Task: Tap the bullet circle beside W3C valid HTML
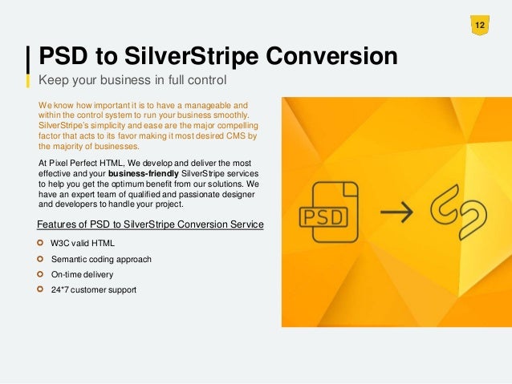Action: (42, 241)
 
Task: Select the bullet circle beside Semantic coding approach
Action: (42, 259)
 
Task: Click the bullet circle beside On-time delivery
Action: (42, 274)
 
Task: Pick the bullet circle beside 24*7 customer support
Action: (42, 289)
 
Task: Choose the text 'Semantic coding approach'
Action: (101, 259)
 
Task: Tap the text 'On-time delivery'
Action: (82, 274)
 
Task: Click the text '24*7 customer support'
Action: (94, 289)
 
